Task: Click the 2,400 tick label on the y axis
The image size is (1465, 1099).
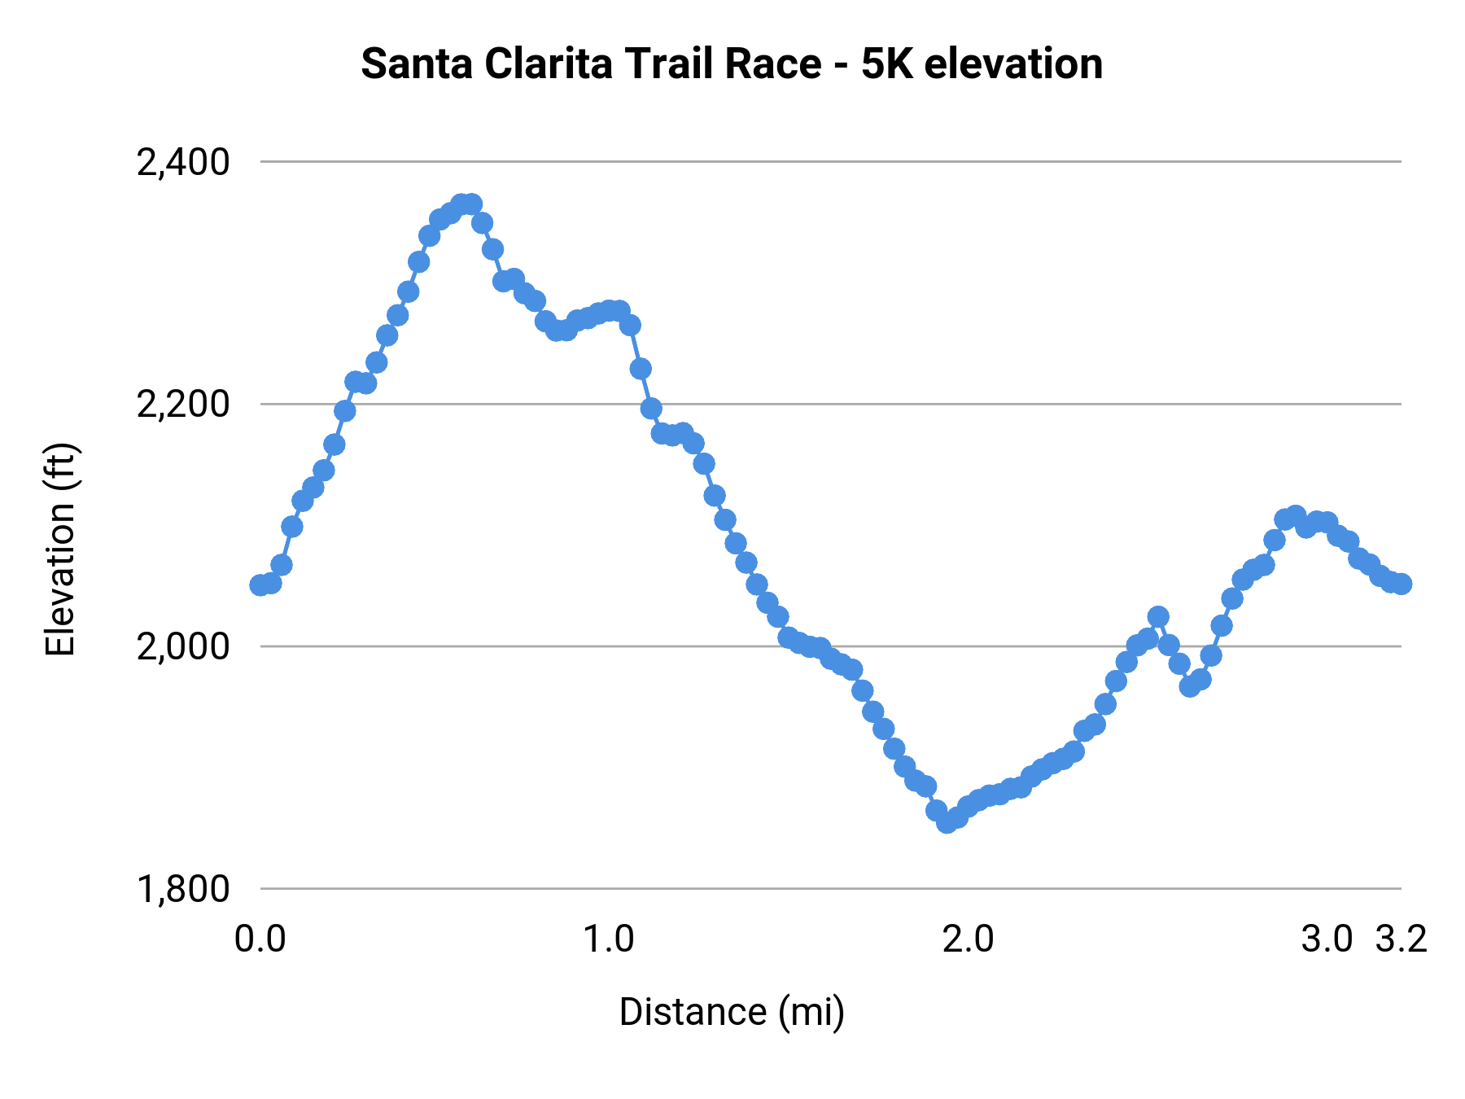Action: pyautogui.click(x=183, y=163)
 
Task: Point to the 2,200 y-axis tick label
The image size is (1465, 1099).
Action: pyautogui.click(x=183, y=405)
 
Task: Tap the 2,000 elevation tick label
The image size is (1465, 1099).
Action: pyautogui.click(x=183, y=647)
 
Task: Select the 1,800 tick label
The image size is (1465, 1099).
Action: pyautogui.click(x=183, y=889)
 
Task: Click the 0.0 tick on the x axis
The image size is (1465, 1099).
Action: pyautogui.click(x=260, y=939)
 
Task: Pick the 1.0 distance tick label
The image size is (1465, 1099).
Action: pyautogui.click(x=609, y=939)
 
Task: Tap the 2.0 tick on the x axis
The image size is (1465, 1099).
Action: pyautogui.click(x=968, y=939)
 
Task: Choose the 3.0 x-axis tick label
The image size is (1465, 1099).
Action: pyautogui.click(x=1327, y=939)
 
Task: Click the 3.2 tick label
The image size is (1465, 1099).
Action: pyautogui.click(x=1402, y=939)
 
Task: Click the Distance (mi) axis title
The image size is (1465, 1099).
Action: pyautogui.click(x=732, y=1012)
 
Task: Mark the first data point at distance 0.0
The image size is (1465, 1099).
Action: pyautogui.click(x=260, y=585)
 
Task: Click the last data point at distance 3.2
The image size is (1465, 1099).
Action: pyautogui.click(x=1402, y=584)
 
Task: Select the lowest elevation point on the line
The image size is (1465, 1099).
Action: pyautogui.click(x=947, y=822)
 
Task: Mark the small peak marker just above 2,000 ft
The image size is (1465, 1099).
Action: pyautogui.click(x=1158, y=617)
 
